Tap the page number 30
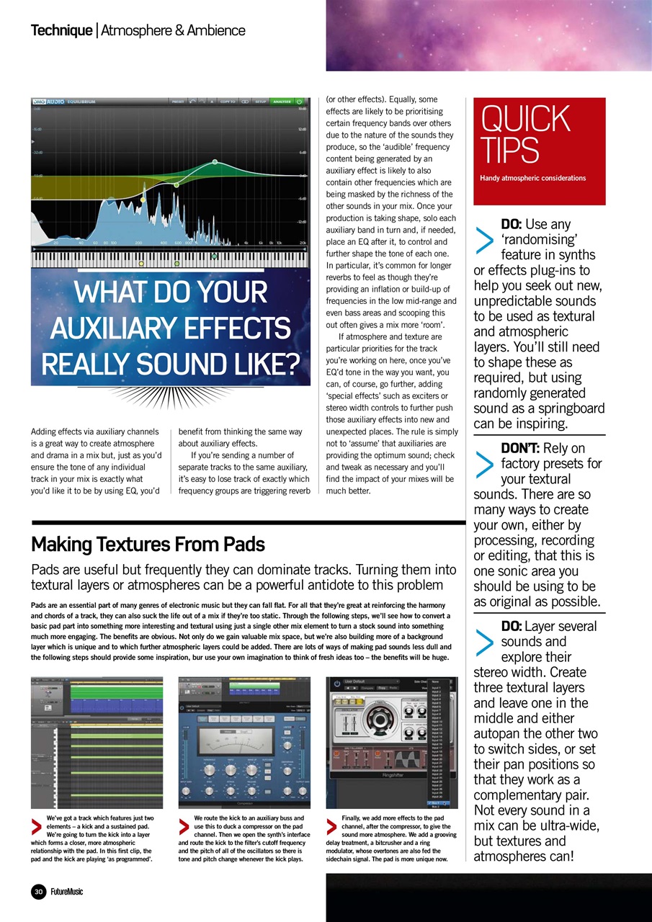37,891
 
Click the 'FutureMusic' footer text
66,892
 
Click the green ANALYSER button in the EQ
280,102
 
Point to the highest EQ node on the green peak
215,161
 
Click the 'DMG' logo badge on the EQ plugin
40,102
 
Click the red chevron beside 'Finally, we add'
332,825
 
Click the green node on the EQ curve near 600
177,184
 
